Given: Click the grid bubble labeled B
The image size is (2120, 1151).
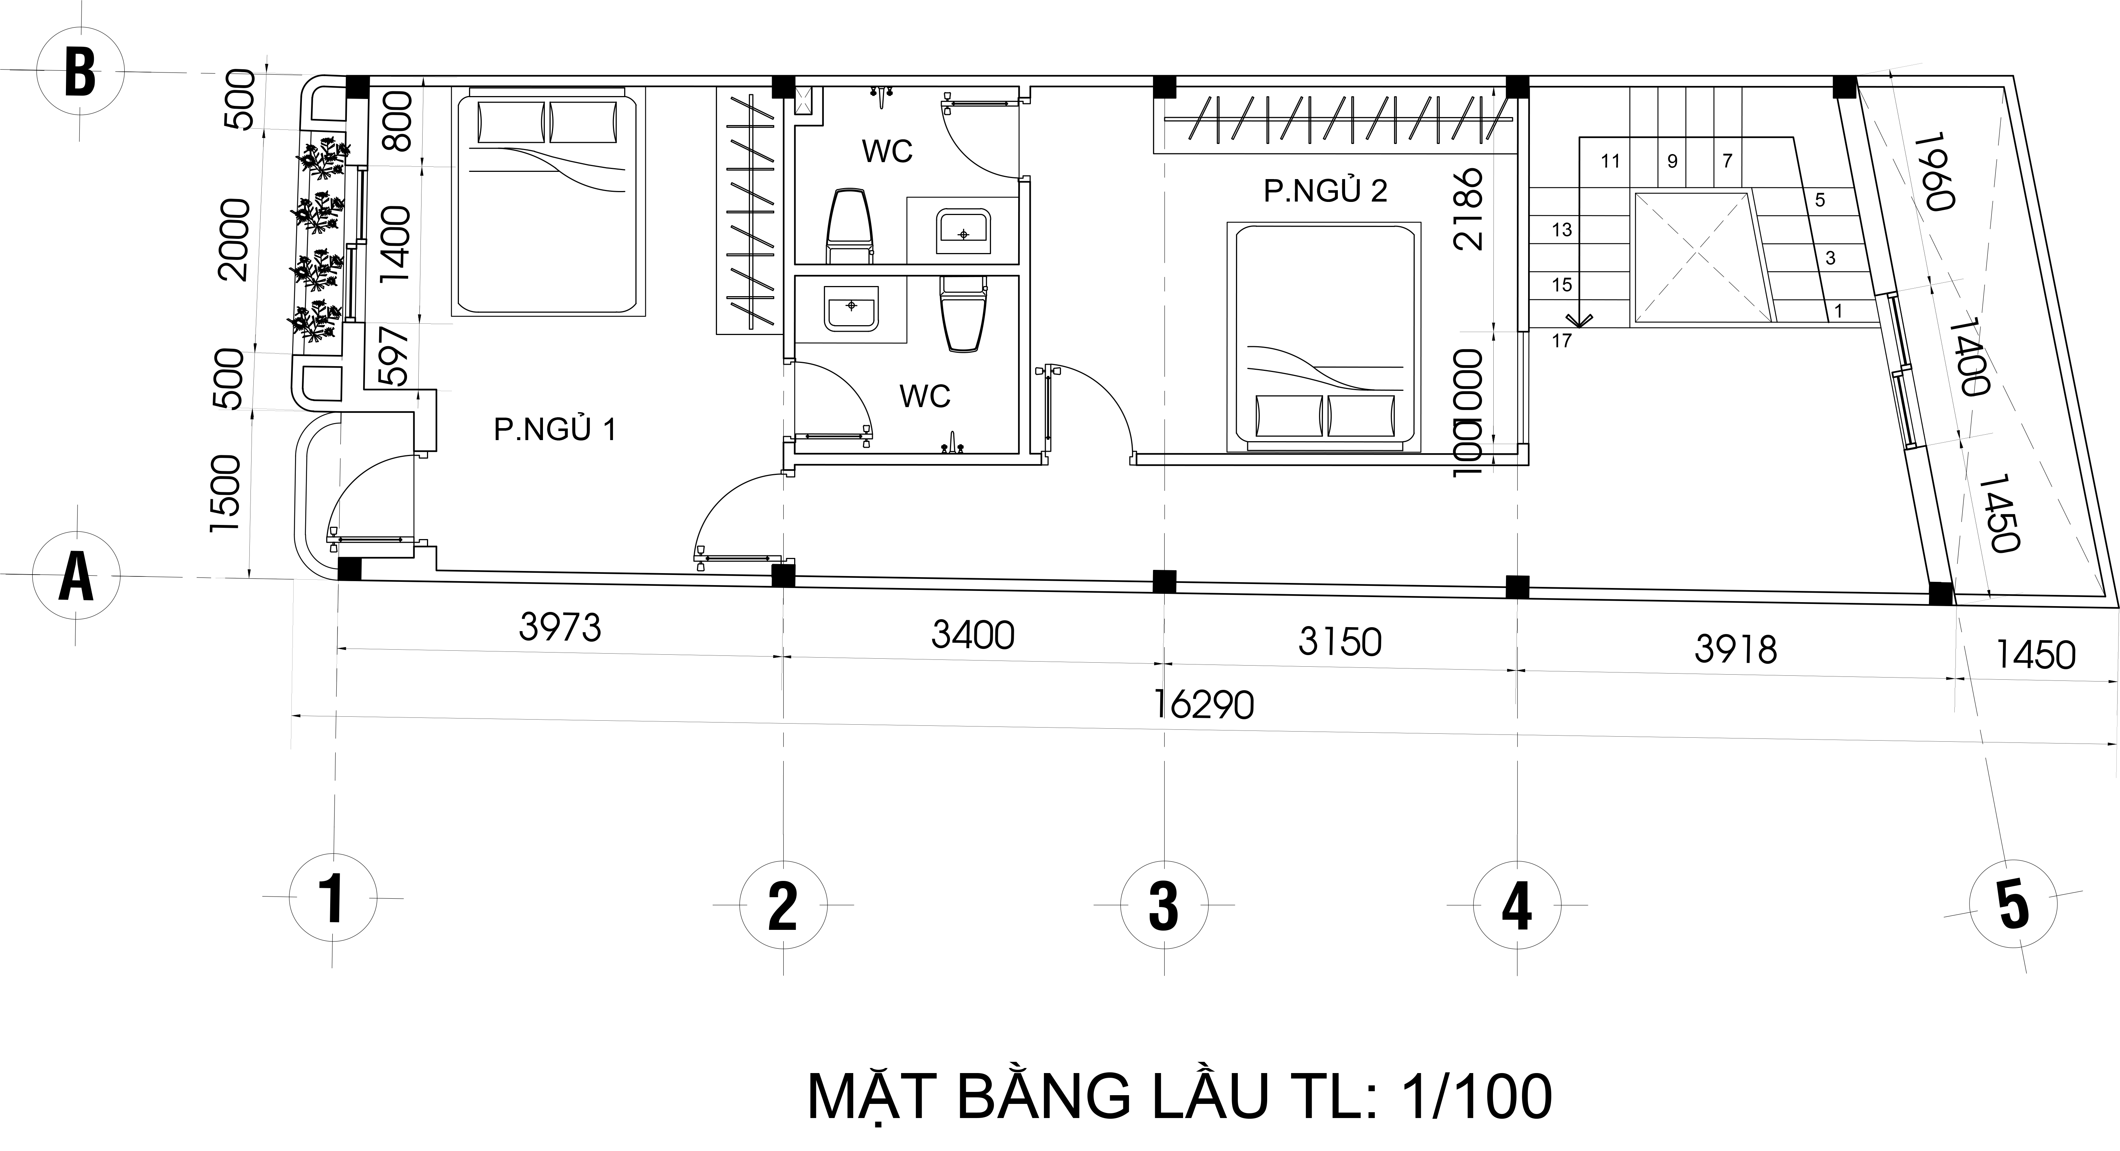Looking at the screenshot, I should (x=80, y=73).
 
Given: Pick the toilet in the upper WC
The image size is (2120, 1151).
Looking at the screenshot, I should (x=849, y=227).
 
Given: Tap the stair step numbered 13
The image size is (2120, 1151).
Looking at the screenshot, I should (x=1561, y=231).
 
